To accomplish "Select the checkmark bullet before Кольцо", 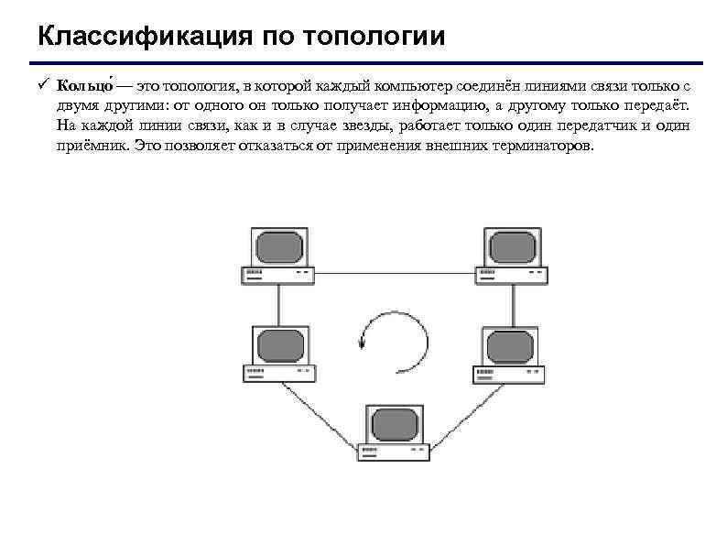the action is pos(43,86).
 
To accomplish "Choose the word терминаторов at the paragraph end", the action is pos(541,147).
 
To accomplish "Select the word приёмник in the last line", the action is pos(92,147).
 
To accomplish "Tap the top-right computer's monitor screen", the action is pos(515,246).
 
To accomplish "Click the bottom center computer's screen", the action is pos(395,425).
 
